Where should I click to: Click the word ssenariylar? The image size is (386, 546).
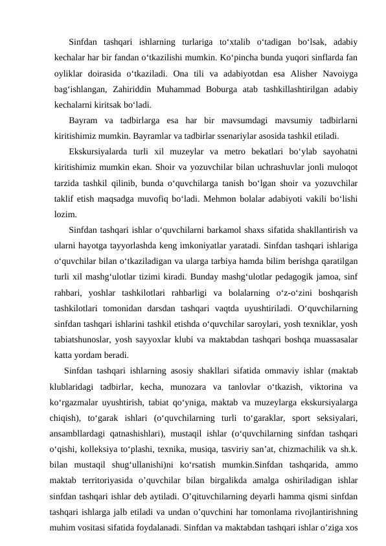pyautogui.click(x=223, y=137)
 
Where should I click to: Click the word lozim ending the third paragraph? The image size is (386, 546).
pyautogui.click(x=65, y=215)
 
